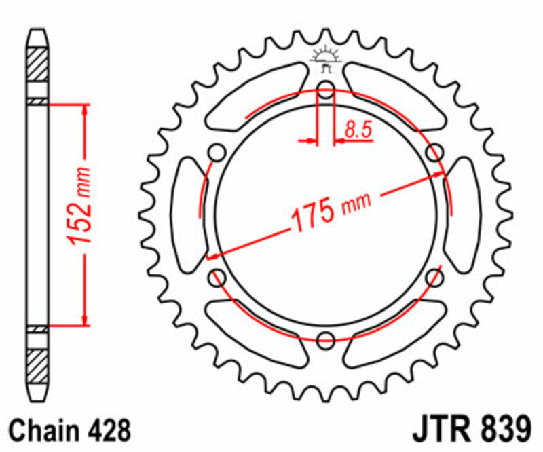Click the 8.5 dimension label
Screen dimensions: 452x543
pyautogui.click(x=358, y=130)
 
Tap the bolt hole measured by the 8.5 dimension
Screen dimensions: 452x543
pyautogui.click(x=326, y=90)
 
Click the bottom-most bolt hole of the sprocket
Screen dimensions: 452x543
pyautogui.click(x=326, y=339)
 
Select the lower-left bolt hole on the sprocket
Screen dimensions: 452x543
pyautogui.click(x=218, y=276)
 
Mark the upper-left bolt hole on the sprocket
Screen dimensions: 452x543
pyautogui.click(x=218, y=152)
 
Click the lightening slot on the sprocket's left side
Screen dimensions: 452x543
pyautogui.click(x=188, y=214)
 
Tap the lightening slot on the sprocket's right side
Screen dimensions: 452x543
pyautogui.click(x=464, y=214)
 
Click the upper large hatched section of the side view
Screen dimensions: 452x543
pyautogui.click(x=38, y=70)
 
